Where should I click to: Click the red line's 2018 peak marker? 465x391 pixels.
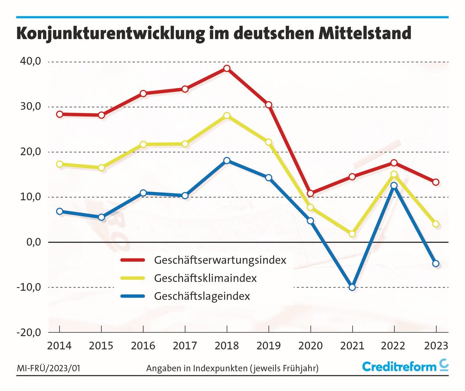pos(227,68)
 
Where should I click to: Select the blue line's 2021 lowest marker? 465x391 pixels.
pos(352,287)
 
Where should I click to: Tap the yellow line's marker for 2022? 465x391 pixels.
pos(394,175)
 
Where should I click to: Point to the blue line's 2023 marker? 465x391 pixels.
pos(435,264)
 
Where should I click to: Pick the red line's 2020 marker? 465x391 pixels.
pos(310,193)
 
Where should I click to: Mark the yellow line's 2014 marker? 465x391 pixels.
pos(59,164)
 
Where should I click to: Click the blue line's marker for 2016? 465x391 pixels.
pos(143,193)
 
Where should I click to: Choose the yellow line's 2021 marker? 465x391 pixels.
pos(352,234)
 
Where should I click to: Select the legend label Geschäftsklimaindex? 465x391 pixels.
pos(205,278)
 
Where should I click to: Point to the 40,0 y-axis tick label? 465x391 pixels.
pos(30,62)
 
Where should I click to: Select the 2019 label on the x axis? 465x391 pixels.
pos(268,346)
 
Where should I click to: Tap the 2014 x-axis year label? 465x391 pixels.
pos(59,346)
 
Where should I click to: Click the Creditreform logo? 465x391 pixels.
pos(405,366)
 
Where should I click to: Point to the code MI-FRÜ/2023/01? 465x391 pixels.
pos(48,368)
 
